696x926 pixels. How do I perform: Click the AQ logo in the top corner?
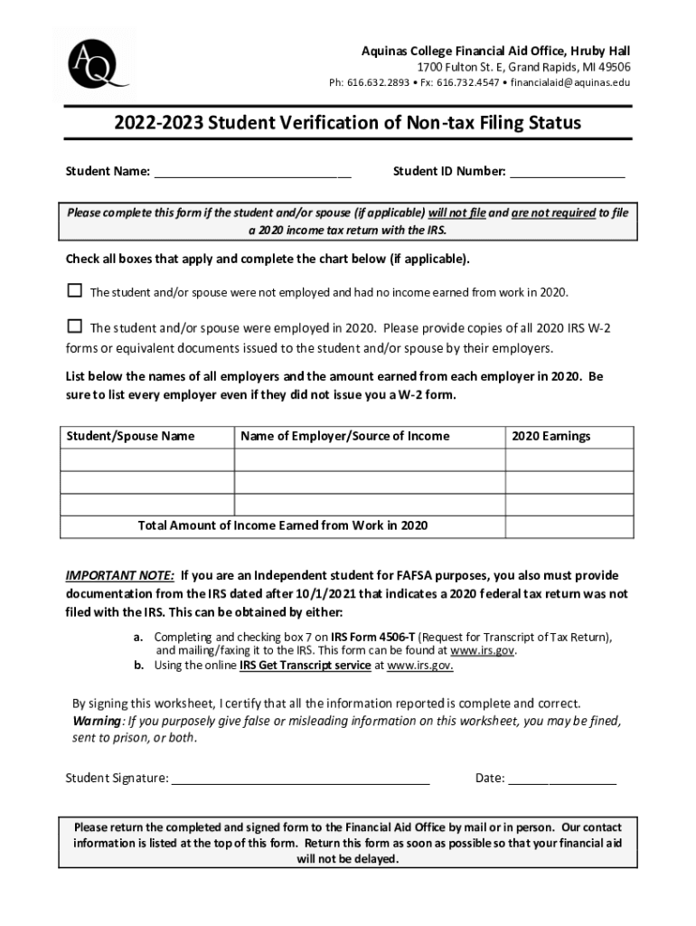click(x=95, y=63)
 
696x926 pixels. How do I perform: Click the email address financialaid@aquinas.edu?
click(x=570, y=83)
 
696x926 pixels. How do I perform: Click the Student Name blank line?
click(x=252, y=173)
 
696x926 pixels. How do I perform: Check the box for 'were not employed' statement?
click(x=75, y=291)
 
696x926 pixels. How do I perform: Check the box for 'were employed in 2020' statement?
click(x=75, y=326)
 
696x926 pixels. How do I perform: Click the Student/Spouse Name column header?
click(x=130, y=437)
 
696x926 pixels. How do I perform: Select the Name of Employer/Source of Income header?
click(x=344, y=437)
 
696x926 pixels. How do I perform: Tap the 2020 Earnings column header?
click(x=550, y=437)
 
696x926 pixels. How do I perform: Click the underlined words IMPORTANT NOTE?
click(x=120, y=576)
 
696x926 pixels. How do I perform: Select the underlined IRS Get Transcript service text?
click(x=305, y=666)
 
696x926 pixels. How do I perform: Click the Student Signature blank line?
click(x=300, y=779)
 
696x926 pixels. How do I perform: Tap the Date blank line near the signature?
click(x=562, y=779)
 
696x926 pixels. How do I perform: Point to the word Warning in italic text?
click(x=97, y=721)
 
